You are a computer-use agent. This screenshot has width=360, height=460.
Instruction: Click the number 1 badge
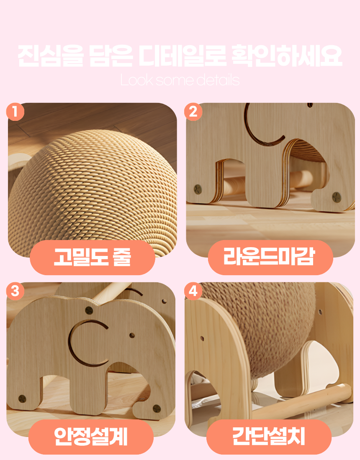pos(15,112)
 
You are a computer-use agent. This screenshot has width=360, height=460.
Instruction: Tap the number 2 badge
pos(193,112)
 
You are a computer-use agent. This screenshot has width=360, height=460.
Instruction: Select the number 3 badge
pos(15,291)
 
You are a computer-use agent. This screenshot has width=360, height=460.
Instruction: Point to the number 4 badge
pos(193,291)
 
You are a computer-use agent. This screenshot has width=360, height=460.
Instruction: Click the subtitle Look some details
pos(180,80)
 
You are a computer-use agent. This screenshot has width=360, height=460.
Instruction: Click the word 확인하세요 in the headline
pos(287,56)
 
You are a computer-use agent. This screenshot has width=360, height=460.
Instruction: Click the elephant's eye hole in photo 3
pos(132,335)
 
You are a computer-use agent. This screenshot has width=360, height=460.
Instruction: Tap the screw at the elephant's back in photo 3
pos(89,310)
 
